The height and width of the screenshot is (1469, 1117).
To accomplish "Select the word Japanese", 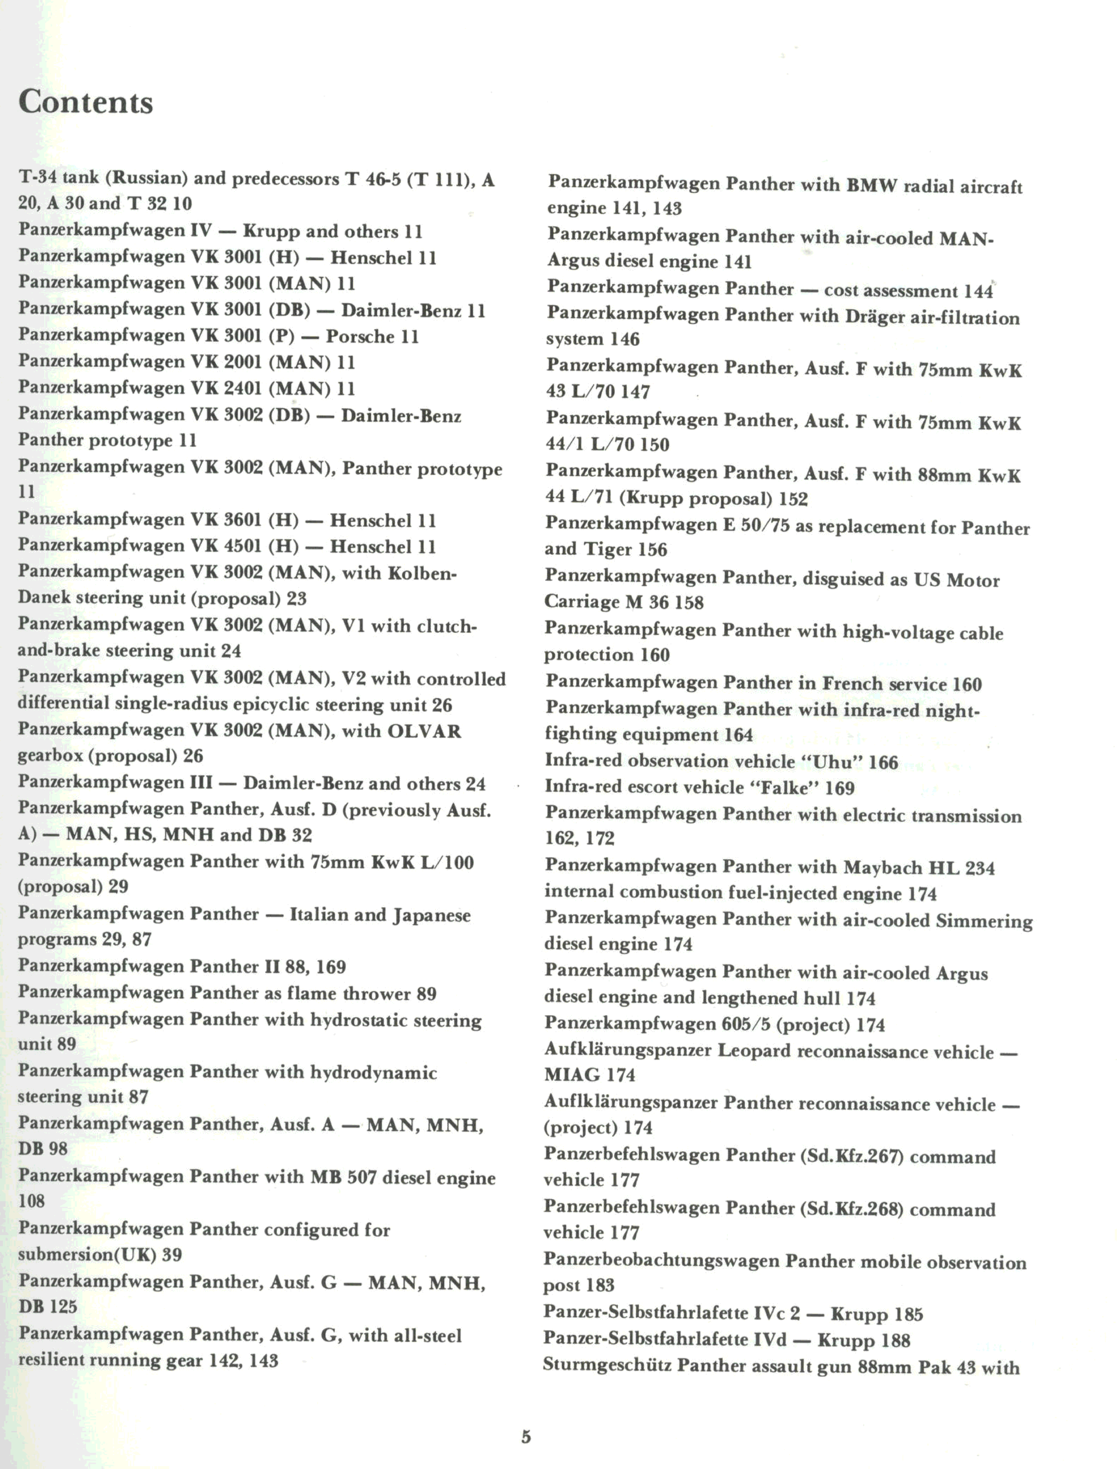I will coord(432,915).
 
